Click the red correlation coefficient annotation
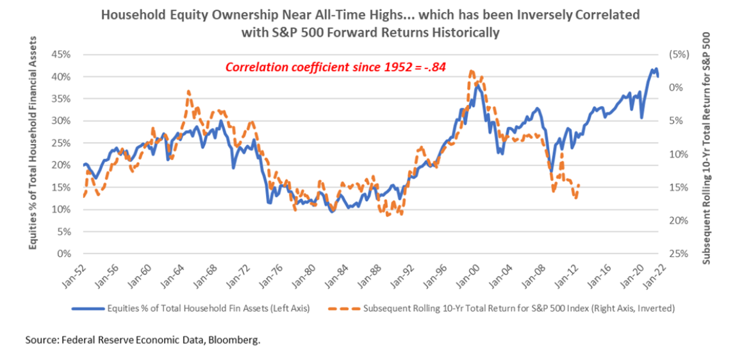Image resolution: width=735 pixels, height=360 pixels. point(334,66)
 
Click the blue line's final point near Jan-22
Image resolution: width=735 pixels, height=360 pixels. point(658,76)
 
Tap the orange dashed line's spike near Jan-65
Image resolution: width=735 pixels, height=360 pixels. point(188,91)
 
